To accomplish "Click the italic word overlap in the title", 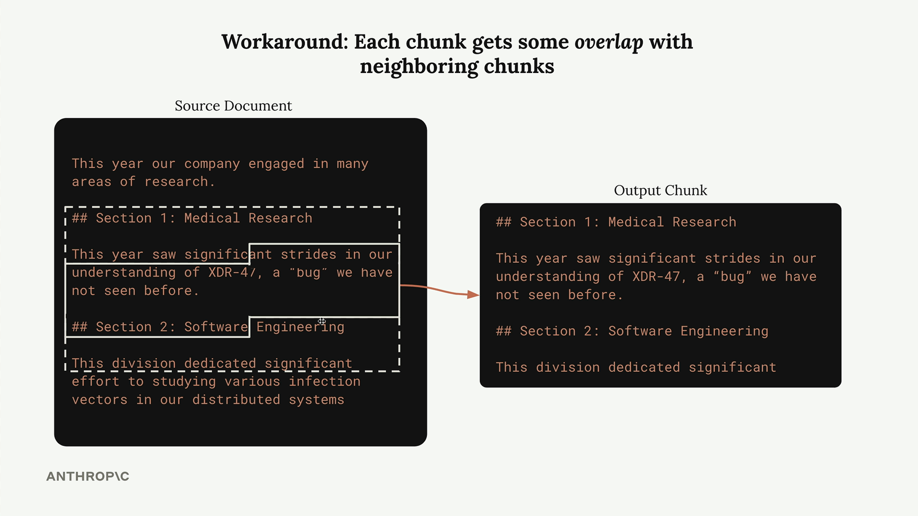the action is pos(609,42).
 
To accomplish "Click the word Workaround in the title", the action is pos(284,42).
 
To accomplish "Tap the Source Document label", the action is pos(233,106).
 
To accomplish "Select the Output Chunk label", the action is pos(660,190).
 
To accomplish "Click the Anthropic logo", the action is pos(88,476).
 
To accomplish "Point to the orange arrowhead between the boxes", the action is pos(473,294).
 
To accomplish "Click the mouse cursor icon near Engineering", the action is pos(322,321).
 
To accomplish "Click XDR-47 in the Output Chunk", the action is pos(656,277).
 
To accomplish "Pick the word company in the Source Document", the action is pos(212,164).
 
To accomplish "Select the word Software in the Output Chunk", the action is pos(640,331).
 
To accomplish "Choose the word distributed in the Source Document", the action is pos(236,400).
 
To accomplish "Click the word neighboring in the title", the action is pos(419,66).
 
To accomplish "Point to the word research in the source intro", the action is pos(176,182).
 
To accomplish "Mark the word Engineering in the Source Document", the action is pos(300,327).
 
